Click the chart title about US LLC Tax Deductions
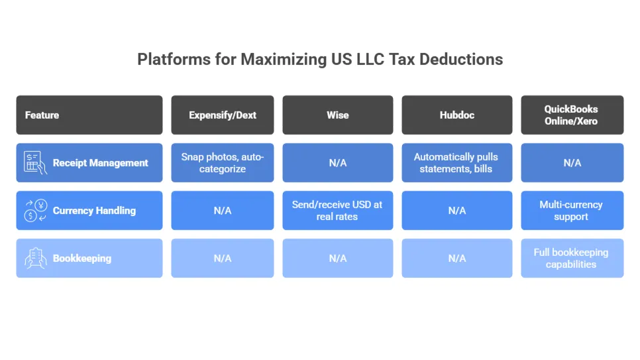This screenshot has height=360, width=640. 320,59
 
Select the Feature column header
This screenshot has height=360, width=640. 42,115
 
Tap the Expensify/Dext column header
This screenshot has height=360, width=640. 223,115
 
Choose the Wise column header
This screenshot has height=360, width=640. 337,115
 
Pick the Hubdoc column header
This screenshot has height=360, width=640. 456,115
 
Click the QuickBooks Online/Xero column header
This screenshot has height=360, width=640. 571,115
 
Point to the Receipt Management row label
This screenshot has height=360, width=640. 101,163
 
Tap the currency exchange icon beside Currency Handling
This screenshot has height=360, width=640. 35,211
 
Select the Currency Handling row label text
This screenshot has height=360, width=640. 94,211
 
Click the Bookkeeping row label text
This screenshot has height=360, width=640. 82,259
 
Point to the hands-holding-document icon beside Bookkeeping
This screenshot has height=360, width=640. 35,259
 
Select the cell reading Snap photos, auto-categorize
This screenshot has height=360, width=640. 223,163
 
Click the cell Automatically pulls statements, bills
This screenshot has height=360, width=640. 456,163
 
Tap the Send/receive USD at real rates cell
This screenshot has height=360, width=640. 337,211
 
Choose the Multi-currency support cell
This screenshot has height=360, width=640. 571,211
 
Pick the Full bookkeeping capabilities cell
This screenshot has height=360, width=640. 571,259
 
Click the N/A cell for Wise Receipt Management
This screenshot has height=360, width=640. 337,163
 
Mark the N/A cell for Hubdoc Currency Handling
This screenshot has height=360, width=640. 456,211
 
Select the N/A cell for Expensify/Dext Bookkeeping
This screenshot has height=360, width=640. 223,259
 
